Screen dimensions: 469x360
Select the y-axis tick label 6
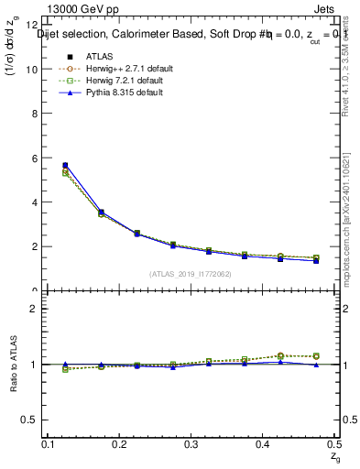pyautogui.click(x=34, y=158)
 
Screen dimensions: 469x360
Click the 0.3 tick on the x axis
pyautogui.click(x=191, y=443)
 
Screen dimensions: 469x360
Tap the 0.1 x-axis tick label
pyautogui.click(x=48, y=443)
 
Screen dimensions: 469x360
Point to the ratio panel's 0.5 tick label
pyautogui.click(x=30, y=420)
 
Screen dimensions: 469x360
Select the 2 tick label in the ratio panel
pyautogui.click(x=34, y=309)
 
